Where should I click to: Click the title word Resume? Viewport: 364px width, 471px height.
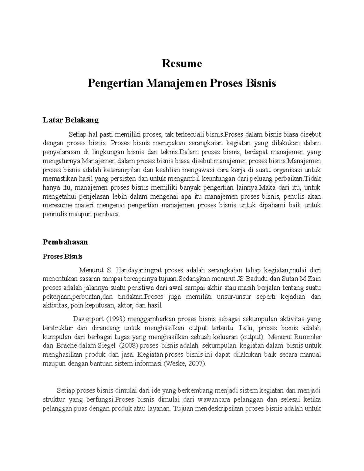click(x=182, y=64)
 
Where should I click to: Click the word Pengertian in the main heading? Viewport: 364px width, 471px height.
click(x=115, y=83)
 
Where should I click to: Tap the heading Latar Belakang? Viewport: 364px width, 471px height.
click(x=71, y=120)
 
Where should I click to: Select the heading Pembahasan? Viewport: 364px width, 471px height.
click(x=65, y=242)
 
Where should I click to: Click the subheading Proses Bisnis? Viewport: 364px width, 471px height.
click(x=62, y=257)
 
